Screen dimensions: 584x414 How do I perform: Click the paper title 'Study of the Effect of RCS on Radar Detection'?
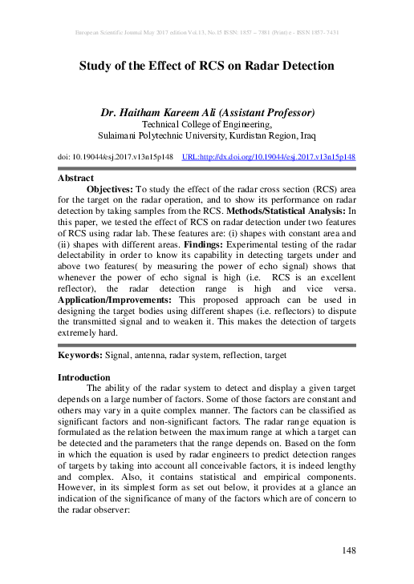206,67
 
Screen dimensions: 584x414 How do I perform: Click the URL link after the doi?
269,158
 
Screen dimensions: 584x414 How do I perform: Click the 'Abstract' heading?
76,178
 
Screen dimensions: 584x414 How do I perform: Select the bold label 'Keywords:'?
84,353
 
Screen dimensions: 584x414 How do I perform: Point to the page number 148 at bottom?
348,550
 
